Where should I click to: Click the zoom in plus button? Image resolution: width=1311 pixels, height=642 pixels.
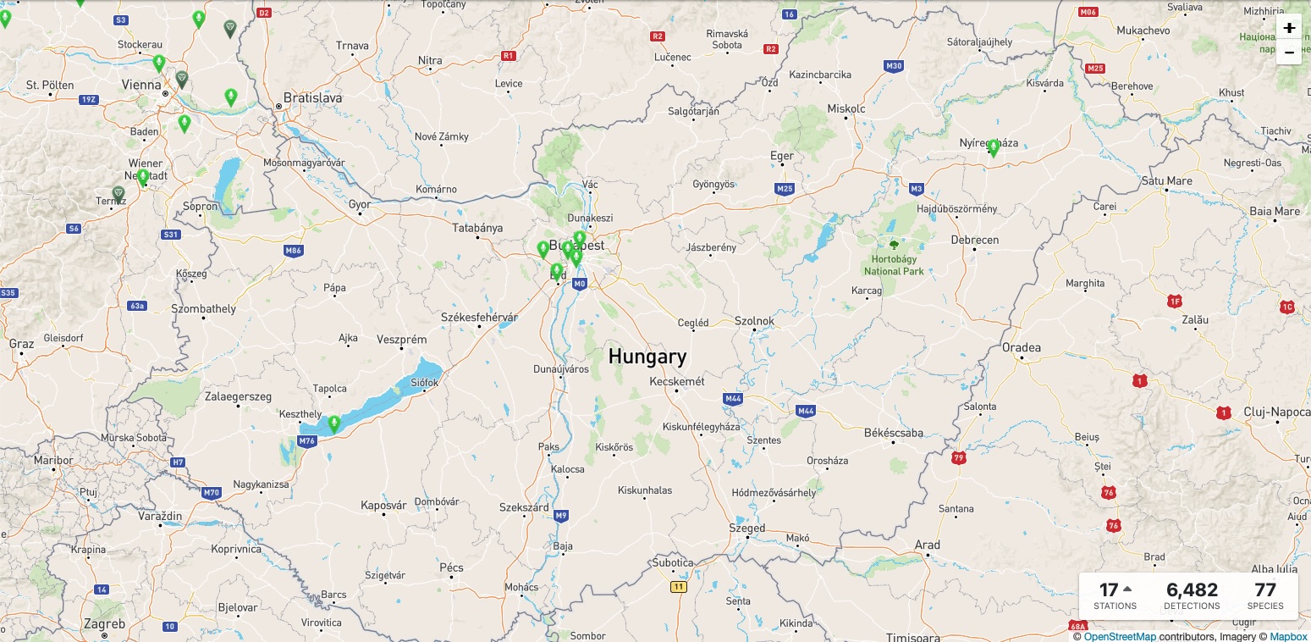pos(1288,27)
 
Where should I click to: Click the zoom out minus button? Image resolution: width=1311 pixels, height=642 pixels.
pos(1288,52)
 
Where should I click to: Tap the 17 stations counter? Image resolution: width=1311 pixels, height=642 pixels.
pos(1115,595)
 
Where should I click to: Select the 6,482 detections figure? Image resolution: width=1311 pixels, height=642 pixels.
pos(1192,595)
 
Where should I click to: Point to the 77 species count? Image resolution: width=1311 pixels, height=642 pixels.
pos(1264,595)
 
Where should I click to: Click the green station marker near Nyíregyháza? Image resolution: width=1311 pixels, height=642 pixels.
pos(993,148)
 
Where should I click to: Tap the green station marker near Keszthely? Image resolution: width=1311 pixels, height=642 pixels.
pos(333,423)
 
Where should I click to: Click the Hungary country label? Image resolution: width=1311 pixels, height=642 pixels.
pos(647,357)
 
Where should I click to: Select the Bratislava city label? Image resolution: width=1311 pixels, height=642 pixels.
pos(313,97)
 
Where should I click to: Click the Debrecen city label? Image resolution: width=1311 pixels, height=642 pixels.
pos(974,240)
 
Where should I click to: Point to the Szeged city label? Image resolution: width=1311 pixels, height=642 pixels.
pos(746,528)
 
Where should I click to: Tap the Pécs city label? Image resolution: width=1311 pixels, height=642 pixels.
pos(451,567)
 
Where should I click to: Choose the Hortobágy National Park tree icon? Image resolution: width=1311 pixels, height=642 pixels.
pos(894,245)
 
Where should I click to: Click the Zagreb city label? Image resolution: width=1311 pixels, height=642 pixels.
pos(106,624)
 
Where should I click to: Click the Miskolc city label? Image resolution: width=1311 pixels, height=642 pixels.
pos(846,108)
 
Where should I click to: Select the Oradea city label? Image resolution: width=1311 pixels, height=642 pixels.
pos(1021,347)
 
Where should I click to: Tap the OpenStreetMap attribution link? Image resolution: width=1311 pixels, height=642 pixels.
pos(1119,636)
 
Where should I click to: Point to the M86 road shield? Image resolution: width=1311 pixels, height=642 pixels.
pos(294,251)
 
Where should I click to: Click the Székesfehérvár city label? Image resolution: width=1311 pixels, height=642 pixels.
pos(479,317)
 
